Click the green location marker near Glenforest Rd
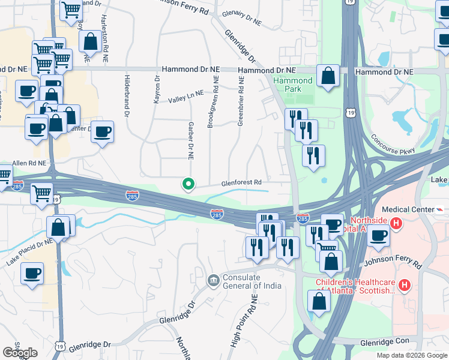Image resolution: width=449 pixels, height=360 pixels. (x=188, y=184)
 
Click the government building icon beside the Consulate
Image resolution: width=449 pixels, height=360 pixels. (x=213, y=280)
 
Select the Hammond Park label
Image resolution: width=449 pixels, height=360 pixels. (x=293, y=85)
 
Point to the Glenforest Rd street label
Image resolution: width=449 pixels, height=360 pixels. (x=242, y=182)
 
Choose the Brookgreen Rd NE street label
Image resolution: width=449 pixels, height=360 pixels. (x=211, y=102)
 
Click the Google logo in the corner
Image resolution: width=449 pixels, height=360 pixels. (x=20, y=353)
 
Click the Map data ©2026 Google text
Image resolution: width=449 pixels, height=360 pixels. (x=412, y=355)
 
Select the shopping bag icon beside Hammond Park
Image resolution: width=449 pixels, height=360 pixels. (x=328, y=77)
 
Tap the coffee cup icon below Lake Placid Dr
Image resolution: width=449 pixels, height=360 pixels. (x=32, y=273)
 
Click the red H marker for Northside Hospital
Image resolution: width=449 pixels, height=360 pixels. (x=396, y=224)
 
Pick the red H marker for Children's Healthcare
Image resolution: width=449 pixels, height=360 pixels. (x=405, y=284)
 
